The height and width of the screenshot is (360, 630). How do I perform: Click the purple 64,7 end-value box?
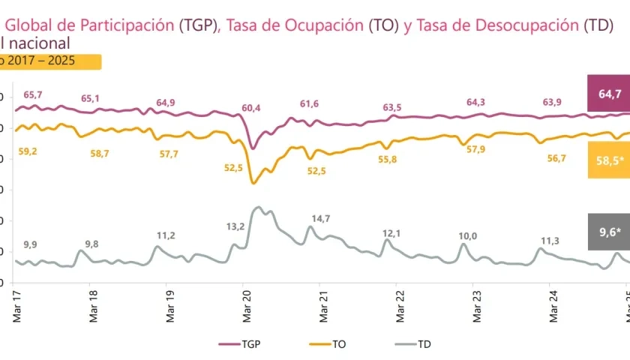click(x=610, y=94)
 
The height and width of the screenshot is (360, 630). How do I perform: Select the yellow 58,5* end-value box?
click(x=610, y=160)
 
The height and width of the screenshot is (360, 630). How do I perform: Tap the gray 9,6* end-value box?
click(x=610, y=232)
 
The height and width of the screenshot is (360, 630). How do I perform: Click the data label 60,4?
click(x=250, y=108)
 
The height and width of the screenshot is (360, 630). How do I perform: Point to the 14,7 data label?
click(x=320, y=218)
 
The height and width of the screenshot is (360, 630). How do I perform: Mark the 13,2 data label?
click(x=235, y=226)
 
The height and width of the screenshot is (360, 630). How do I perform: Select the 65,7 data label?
click(x=33, y=94)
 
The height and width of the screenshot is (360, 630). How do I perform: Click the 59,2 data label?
click(x=28, y=151)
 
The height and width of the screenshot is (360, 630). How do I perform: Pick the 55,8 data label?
click(x=388, y=160)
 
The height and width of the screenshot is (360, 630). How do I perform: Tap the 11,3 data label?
click(x=550, y=241)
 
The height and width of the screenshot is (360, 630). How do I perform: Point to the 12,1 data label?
click(x=392, y=233)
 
